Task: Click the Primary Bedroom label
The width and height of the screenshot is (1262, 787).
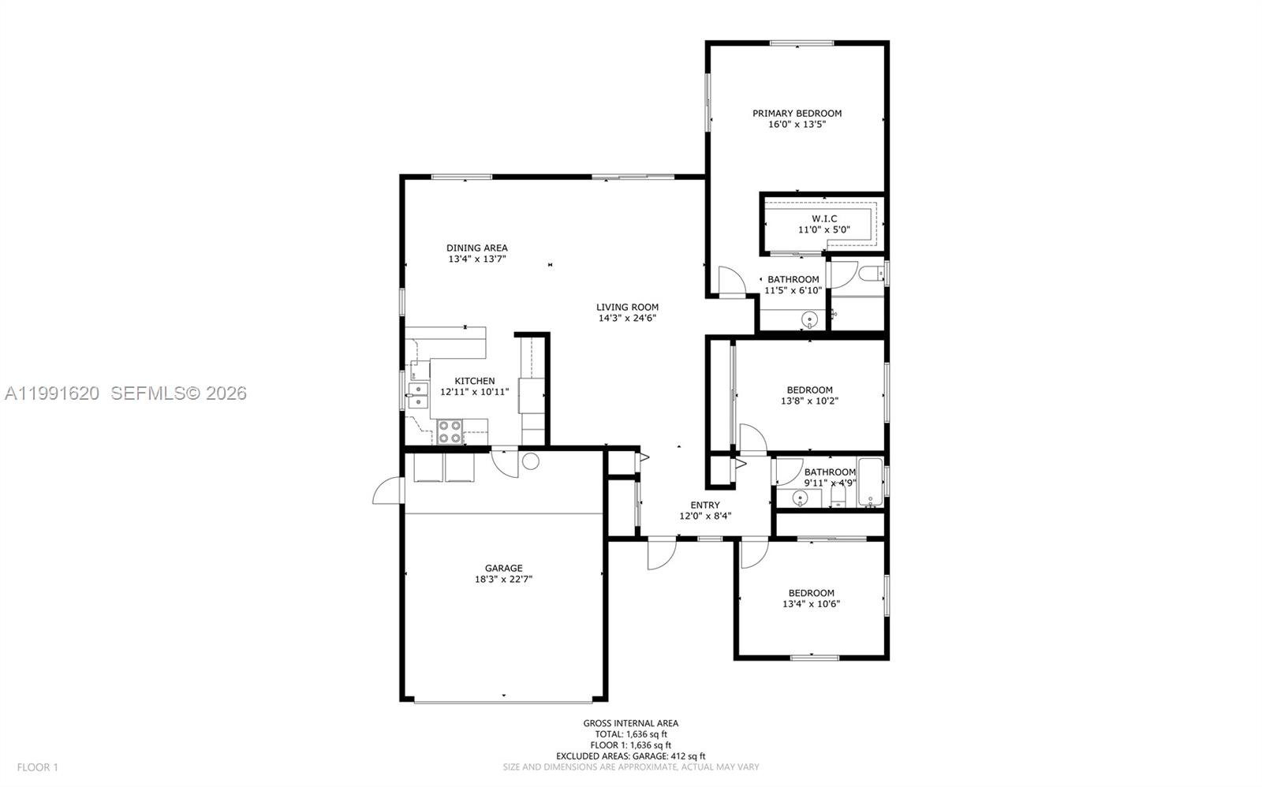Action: click(x=797, y=114)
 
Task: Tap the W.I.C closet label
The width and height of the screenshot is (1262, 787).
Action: click(x=824, y=218)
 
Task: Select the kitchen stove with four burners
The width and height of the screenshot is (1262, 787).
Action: click(x=450, y=432)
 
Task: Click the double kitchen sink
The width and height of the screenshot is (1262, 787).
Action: click(x=417, y=394)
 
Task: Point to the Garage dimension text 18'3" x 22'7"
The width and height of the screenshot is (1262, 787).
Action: click(x=503, y=580)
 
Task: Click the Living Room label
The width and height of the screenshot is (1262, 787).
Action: click(x=627, y=308)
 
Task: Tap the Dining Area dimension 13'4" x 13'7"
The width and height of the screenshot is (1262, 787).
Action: click(x=477, y=259)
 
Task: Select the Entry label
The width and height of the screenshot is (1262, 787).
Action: click(x=704, y=505)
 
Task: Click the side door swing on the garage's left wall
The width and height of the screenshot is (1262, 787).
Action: click(x=386, y=490)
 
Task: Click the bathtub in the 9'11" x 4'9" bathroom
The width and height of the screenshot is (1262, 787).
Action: click(x=871, y=483)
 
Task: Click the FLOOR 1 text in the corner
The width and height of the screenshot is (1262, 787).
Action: click(x=38, y=766)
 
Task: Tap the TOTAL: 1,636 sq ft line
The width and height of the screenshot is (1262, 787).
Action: click(x=630, y=734)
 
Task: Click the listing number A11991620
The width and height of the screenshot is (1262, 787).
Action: click(x=52, y=393)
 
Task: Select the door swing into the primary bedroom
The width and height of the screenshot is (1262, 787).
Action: click(x=730, y=282)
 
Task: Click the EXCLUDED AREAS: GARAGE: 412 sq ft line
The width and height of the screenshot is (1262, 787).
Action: click(x=630, y=756)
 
